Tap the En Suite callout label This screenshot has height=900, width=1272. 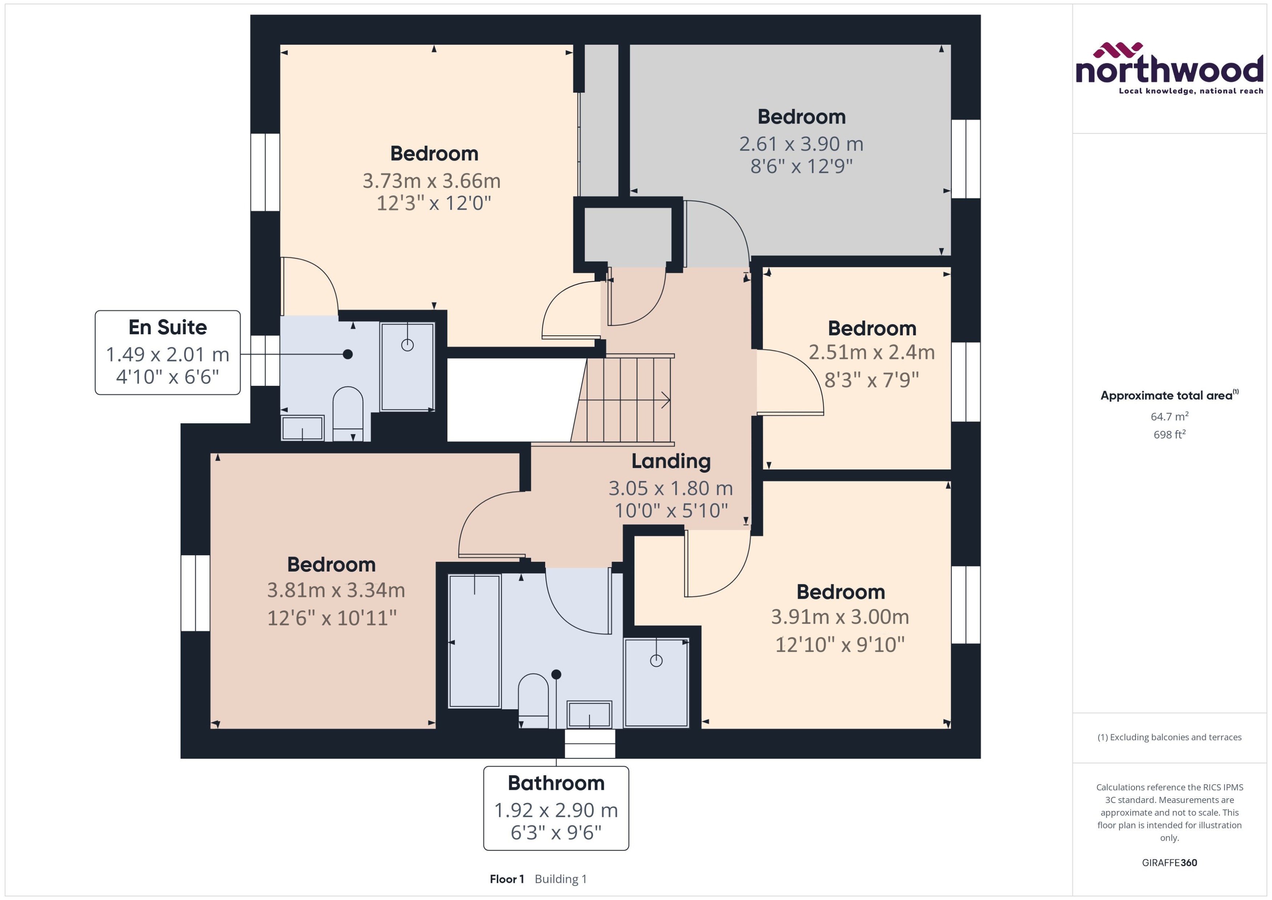click(168, 352)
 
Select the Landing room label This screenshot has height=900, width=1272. click(671, 461)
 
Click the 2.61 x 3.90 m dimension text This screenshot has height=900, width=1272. click(801, 144)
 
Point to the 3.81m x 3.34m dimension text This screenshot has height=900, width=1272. click(336, 590)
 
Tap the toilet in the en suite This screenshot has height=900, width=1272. click(347, 410)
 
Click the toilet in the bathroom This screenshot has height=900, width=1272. click(533, 697)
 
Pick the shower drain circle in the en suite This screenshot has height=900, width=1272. click(407, 345)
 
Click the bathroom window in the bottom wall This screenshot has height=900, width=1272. click(590, 743)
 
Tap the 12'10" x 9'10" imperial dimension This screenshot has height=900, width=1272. click(839, 645)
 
